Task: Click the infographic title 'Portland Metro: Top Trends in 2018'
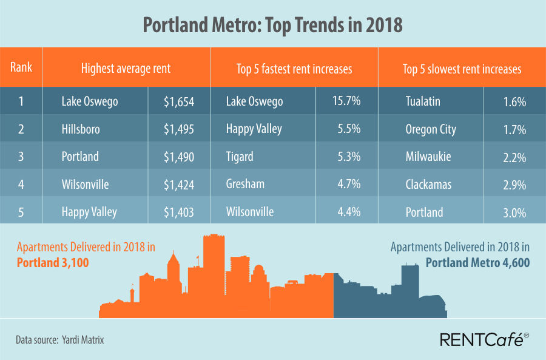[x=272, y=25]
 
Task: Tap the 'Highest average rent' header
[x=126, y=69]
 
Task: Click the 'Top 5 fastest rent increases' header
[x=294, y=69]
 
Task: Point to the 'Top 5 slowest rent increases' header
[x=462, y=69]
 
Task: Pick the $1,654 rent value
[x=179, y=101]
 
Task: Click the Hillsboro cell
[x=81, y=129]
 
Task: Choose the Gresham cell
[x=244, y=185]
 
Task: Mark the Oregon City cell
[x=431, y=129]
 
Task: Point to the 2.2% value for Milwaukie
[x=514, y=157]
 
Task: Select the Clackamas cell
[x=428, y=185]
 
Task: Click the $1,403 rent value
[x=179, y=212]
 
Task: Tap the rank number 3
[x=21, y=157]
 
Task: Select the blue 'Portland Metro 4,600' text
[x=477, y=263]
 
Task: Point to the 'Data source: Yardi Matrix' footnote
[x=60, y=340]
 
